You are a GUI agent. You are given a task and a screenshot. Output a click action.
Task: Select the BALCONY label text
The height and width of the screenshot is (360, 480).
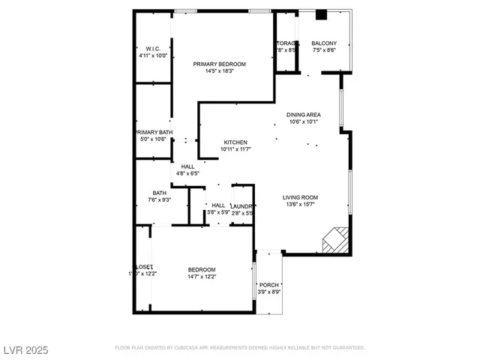(x=325, y=43)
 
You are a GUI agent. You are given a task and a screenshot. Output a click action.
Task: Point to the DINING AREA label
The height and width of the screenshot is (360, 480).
(x=303, y=115)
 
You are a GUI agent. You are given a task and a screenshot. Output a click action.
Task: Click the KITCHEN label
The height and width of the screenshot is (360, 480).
(x=235, y=142)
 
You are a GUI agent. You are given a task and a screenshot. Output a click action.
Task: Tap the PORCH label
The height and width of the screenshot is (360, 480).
(x=269, y=285)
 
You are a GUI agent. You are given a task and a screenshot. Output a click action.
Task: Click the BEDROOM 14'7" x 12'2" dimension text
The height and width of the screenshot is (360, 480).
(x=202, y=277)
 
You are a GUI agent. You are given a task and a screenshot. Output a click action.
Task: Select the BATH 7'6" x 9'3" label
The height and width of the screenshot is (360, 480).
(x=160, y=192)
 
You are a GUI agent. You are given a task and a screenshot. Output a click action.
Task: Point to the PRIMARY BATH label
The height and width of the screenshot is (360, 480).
(x=154, y=132)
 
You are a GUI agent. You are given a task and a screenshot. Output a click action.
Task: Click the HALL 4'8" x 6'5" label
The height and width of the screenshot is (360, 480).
(x=187, y=166)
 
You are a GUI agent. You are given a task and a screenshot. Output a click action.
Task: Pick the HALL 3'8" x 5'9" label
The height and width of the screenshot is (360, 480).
(x=218, y=205)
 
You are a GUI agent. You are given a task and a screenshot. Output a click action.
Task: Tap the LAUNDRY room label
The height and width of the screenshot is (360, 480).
(x=241, y=205)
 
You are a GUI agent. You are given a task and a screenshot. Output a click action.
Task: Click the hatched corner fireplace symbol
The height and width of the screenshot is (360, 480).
(x=334, y=240)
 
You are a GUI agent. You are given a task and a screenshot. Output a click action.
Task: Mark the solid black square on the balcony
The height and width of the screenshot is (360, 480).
(x=321, y=14)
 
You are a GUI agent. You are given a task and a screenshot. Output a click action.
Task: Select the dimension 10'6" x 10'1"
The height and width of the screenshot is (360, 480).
(x=303, y=121)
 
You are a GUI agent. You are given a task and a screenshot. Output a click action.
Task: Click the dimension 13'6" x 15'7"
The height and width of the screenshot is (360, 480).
(x=298, y=203)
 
